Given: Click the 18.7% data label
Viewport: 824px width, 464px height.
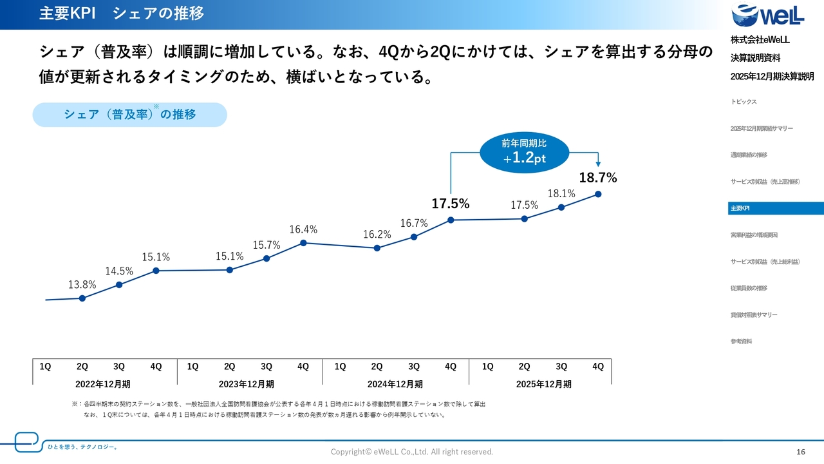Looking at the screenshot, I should (598, 178).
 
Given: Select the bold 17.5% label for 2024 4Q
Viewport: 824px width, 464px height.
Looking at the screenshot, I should (450, 204).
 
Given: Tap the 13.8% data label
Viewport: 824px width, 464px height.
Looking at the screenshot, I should (82, 284).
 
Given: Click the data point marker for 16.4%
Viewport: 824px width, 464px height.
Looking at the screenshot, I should (303, 243).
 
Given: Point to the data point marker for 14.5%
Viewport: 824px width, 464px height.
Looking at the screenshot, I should (119, 284).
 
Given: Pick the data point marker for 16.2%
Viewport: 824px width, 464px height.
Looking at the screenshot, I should (377, 247).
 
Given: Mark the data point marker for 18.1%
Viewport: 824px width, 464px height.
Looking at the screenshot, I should (561, 207).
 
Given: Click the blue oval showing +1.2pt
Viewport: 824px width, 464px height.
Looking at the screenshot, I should (524, 152).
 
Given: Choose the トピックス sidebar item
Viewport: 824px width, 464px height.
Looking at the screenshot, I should (744, 102).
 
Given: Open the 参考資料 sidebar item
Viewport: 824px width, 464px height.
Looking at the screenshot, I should (742, 342).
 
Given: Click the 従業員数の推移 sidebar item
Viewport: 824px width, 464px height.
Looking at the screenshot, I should (749, 288).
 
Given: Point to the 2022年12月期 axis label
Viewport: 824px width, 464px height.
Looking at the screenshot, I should (103, 384).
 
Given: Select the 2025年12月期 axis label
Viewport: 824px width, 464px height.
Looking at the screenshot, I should (544, 384).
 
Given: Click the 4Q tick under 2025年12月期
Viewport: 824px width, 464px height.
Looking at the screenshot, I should (598, 367).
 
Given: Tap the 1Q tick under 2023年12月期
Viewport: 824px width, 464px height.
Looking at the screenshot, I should (192, 367).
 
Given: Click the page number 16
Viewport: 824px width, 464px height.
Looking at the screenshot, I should (801, 452).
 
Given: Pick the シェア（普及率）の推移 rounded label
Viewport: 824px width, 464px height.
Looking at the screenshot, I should (129, 115).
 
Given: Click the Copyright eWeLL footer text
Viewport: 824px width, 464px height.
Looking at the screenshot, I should (411, 452).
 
